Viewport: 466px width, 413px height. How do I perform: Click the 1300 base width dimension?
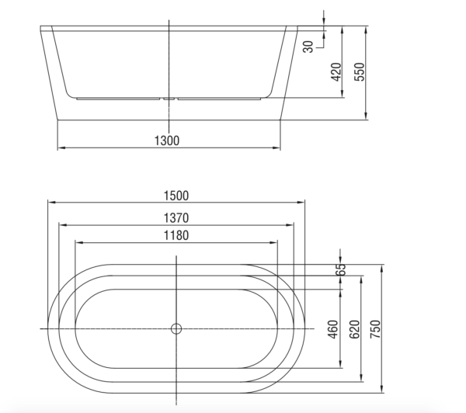[x=167, y=141]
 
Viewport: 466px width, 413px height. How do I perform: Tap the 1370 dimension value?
[x=176, y=218]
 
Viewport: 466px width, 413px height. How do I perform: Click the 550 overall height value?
[x=359, y=71]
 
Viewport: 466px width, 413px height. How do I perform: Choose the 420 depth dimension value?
[x=336, y=72]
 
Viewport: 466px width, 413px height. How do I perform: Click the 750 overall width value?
[x=377, y=329]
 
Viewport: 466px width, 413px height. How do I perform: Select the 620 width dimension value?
[x=356, y=329]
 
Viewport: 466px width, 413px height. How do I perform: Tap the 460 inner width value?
[x=333, y=329]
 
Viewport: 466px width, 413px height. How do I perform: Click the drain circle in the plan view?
[x=176, y=328]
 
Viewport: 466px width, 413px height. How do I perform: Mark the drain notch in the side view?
[x=169, y=99]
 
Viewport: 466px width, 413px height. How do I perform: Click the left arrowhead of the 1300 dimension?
[x=61, y=147]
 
